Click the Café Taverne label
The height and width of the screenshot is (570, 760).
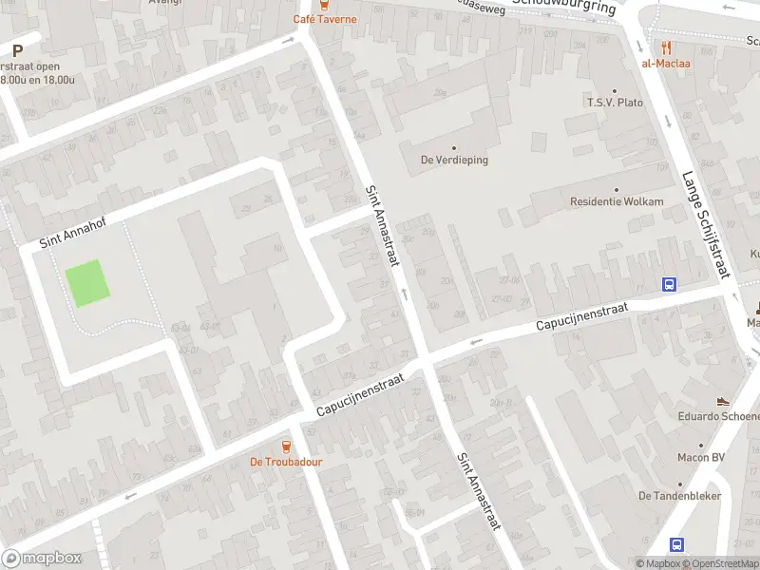325,19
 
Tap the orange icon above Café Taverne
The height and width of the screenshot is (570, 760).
325,5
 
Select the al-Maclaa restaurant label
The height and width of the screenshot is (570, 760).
666,64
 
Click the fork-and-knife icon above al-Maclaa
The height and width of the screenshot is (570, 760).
666,47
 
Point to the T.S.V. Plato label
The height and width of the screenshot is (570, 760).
615,102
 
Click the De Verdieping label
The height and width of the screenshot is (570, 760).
454,160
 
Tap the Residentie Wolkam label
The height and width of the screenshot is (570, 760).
616,201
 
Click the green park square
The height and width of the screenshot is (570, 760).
86,283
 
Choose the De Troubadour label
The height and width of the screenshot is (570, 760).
286,462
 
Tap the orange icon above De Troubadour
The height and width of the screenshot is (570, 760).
286,446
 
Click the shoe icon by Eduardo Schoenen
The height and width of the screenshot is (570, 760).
724,401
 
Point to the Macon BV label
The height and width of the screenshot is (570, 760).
702,458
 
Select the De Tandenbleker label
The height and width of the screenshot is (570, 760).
679,495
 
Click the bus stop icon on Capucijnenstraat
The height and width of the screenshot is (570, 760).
670,284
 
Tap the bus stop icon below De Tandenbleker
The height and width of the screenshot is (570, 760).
677,544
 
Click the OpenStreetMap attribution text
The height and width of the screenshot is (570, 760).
719,564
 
